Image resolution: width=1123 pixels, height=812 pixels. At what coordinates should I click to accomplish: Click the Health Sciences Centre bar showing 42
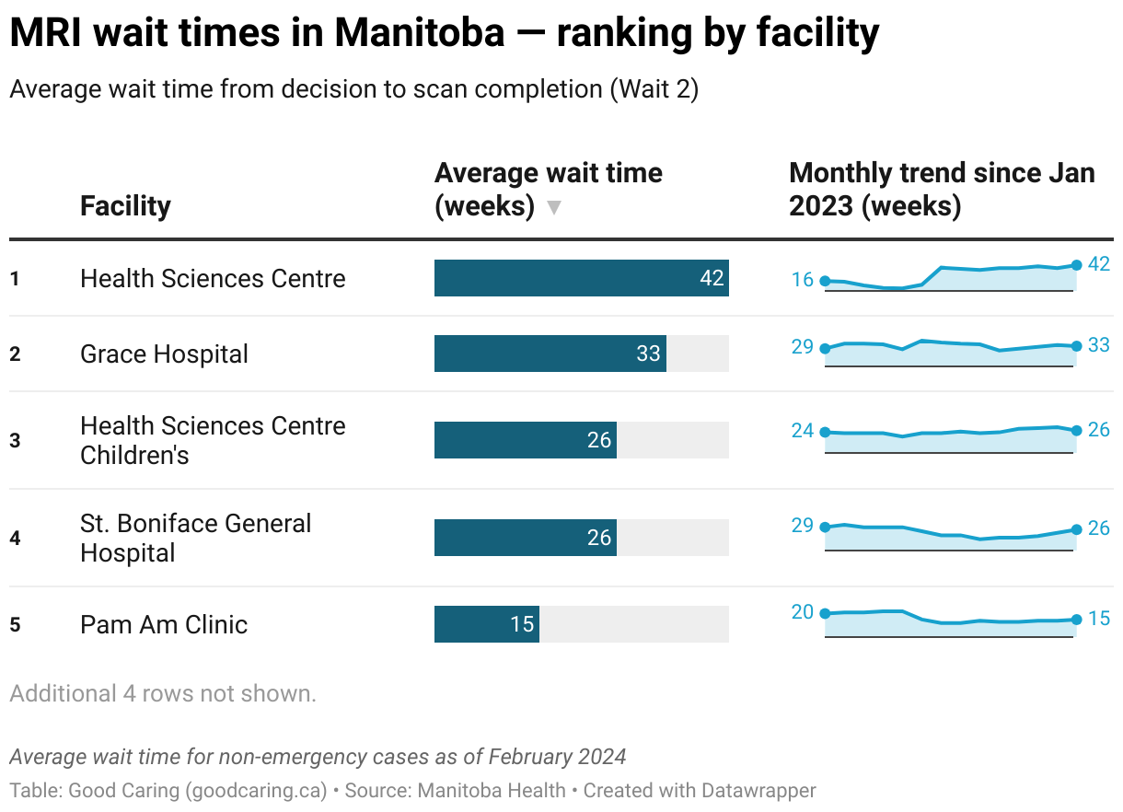(581, 278)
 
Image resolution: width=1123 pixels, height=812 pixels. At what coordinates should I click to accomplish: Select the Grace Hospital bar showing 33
(550, 354)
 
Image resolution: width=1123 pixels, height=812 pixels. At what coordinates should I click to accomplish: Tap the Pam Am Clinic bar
(486, 624)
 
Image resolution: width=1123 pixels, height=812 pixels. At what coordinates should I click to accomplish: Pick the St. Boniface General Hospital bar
(525, 538)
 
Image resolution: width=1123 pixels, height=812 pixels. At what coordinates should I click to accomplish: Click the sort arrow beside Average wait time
(553, 208)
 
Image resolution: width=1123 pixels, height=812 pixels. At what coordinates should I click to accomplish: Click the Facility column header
(125, 205)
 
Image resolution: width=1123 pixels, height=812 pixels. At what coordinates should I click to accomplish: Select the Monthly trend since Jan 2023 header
(941, 190)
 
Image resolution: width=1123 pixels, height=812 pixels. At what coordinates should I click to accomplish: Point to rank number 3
(15, 440)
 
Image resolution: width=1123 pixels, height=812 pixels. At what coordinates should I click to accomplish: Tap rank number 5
(15, 624)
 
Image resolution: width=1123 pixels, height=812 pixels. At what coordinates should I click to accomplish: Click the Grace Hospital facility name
(164, 354)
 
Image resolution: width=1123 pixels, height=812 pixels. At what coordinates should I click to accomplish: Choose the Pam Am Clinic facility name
(164, 624)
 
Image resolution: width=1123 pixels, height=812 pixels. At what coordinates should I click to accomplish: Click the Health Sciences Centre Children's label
(213, 440)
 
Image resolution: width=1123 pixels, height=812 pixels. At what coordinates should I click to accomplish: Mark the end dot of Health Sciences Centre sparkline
(1076, 265)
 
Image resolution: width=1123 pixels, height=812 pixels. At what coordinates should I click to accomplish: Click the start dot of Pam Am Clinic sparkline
(825, 613)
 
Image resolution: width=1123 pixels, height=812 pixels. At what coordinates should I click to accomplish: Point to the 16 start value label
(803, 280)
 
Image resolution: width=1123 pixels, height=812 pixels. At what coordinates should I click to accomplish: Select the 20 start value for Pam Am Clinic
(803, 611)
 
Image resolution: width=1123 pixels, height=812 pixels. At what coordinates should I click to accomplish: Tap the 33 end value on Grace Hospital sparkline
(1099, 345)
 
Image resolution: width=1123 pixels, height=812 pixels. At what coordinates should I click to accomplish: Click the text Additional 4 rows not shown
(163, 693)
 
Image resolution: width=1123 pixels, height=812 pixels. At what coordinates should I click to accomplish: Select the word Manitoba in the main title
(419, 34)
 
